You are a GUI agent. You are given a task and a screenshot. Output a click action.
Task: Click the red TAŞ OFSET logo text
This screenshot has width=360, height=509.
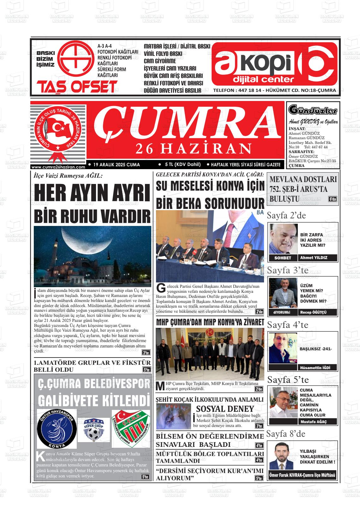tap(77, 87)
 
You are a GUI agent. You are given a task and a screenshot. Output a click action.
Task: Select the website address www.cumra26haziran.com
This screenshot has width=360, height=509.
tap(58, 167)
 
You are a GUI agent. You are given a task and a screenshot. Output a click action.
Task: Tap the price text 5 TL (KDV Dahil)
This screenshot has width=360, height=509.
tap(183, 164)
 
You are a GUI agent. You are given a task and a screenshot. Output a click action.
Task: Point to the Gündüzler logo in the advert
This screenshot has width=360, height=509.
tap(313, 110)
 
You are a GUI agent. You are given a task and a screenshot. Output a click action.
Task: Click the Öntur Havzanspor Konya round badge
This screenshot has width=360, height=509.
tap(57, 429)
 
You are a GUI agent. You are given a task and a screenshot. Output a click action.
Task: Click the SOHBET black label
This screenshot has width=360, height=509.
tap(283, 258)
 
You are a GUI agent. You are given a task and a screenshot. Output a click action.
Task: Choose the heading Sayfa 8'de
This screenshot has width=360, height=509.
tap(286, 434)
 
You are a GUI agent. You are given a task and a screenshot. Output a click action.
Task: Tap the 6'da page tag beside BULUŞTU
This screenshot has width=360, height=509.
tap(333, 199)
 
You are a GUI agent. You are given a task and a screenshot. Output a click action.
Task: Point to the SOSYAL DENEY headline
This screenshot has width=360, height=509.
tap(225, 409)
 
